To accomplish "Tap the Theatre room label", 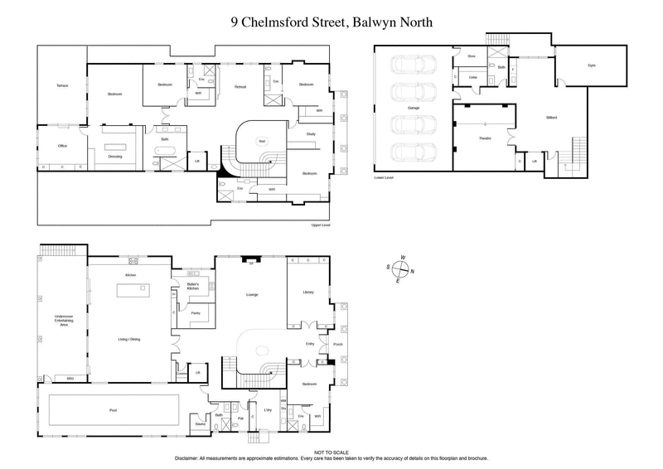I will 485,138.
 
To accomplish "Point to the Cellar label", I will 473,78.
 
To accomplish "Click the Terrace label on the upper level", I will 61,86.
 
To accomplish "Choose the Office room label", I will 61,146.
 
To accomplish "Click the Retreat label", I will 240,86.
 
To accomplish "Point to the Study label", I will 311,133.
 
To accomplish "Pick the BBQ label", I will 70,379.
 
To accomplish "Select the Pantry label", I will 196,314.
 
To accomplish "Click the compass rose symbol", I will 403,268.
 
